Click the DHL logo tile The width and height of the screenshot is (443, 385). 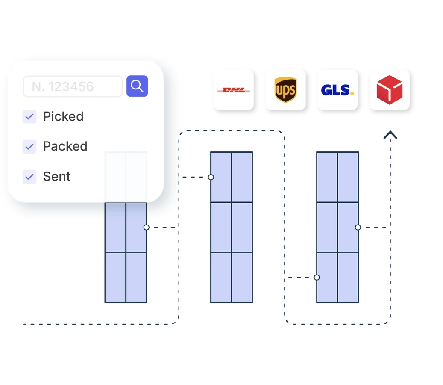tap(234, 90)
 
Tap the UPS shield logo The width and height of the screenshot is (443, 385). tap(285, 90)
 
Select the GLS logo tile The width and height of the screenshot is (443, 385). tap(337, 90)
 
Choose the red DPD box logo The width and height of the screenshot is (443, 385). tap(389, 90)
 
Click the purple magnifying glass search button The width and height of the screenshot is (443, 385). tap(137, 86)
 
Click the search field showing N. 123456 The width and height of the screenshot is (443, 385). tap(73, 86)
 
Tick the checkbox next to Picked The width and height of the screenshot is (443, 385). tap(29, 116)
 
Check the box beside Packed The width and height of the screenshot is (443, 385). tap(29, 146)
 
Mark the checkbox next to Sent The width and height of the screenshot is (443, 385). tap(29, 176)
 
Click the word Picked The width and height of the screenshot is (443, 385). tap(63, 116)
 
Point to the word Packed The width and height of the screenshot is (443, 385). tap(65, 146)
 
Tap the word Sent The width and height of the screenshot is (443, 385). tap(57, 176)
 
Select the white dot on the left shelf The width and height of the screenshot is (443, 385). tap(147, 227)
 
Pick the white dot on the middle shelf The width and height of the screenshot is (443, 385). tap(211, 177)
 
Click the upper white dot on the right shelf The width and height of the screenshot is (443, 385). tap(358, 227)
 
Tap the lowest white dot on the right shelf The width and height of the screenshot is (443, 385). tap(317, 278)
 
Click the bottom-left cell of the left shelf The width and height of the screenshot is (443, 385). tap(115, 278)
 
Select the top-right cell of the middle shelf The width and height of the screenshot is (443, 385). tap(242, 177)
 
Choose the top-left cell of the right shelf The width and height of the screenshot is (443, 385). tap(327, 177)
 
